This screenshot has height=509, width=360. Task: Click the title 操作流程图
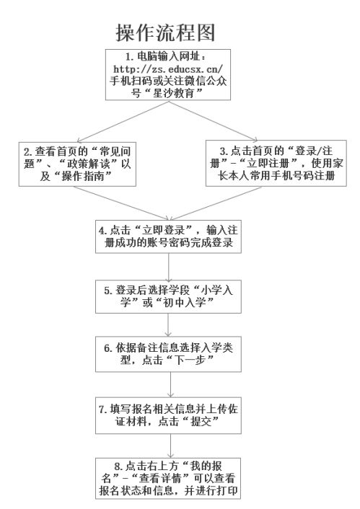[165, 32]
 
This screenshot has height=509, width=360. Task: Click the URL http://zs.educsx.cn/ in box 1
[168, 68]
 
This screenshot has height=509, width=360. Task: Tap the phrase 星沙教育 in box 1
[173, 93]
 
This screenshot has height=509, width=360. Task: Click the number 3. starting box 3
[224, 151]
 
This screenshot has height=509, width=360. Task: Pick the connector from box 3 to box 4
[215, 203]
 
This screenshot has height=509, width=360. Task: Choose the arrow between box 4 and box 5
[168, 267]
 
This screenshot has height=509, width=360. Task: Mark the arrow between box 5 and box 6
[168, 324]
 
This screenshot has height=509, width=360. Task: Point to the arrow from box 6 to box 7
[170, 384]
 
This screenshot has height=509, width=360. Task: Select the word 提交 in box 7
[201, 421]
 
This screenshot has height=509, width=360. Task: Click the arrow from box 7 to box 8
[170, 446]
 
